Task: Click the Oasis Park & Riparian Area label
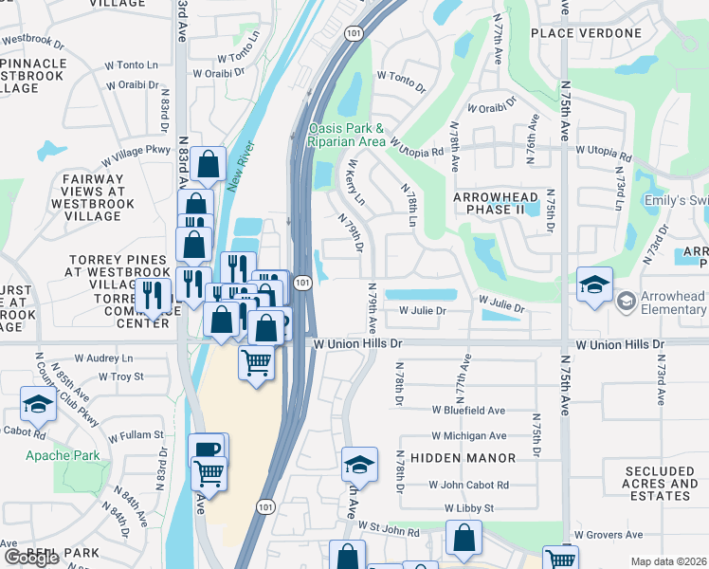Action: (x=346, y=135)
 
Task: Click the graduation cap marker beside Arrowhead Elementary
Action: (x=594, y=285)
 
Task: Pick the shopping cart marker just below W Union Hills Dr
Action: (x=256, y=362)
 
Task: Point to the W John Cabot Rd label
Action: (x=468, y=485)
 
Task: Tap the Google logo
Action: (x=31, y=558)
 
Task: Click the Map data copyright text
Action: (x=668, y=561)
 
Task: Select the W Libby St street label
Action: (x=469, y=509)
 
